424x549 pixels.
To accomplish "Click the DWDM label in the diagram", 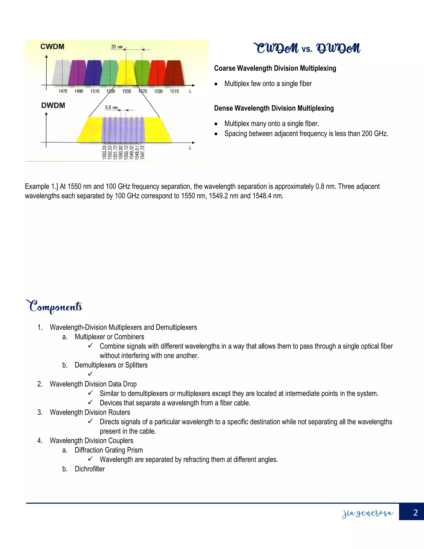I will coord(53,105).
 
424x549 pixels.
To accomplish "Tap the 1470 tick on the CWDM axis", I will coord(63,91).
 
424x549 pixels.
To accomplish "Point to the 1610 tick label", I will coord(174,91).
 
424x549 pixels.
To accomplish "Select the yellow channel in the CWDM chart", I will coord(126,73).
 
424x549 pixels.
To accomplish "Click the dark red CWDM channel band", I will coord(174,73).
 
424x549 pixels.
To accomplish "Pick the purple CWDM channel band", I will coord(78,73).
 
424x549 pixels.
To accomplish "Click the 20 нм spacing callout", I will coord(117,47).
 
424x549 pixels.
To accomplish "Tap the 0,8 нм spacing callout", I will coord(111,107).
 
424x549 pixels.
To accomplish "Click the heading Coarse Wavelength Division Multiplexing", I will coord(275,68).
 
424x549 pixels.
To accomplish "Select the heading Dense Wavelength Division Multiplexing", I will coord(274,108).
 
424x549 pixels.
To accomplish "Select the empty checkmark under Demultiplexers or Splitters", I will coord(91,374).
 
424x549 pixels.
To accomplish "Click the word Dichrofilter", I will coord(90,469).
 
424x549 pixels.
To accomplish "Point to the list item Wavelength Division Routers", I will coord(90,412).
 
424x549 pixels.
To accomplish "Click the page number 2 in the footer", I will coord(416,513).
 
